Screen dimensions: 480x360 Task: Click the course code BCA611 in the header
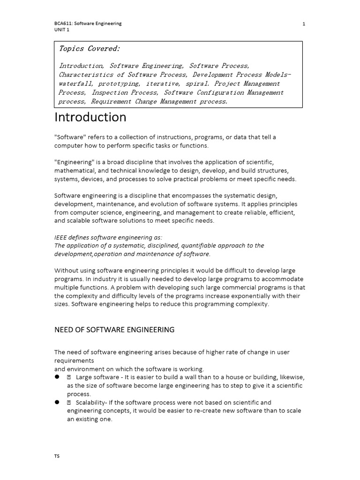coord(62,23)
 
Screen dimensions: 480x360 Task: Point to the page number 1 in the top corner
coord(304,24)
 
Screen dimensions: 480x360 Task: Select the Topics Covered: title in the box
coord(89,49)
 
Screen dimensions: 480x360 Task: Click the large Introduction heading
coord(90,117)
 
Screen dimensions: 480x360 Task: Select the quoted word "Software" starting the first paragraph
coord(70,137)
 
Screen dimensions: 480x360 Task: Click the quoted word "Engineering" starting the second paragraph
coord(74,162)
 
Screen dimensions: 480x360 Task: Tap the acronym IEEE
coord(61,237)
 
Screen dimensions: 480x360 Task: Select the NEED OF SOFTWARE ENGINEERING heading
coord(114,330)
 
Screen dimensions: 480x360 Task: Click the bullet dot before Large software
coord(57,376)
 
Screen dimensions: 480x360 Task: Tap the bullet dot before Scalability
coord(57,402)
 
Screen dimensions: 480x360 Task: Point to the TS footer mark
coord(57,456)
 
